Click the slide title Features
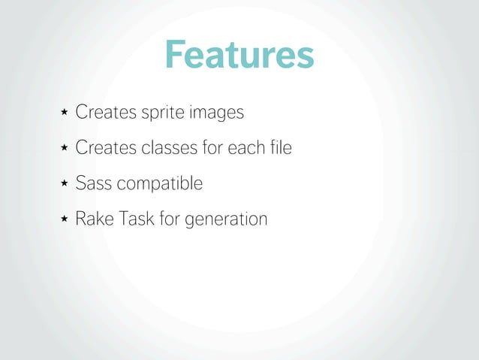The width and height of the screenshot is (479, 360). tap(239, 55)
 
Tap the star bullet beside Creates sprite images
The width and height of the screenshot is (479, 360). tap(64, 113)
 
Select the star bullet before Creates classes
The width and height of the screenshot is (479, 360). tap(64, 148)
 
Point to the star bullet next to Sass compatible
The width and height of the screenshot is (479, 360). tap(64, 183)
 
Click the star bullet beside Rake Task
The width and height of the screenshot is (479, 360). tap(64, 219)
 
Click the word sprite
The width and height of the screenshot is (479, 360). tap(161, 113)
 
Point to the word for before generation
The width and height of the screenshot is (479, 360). tap(170, 219)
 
